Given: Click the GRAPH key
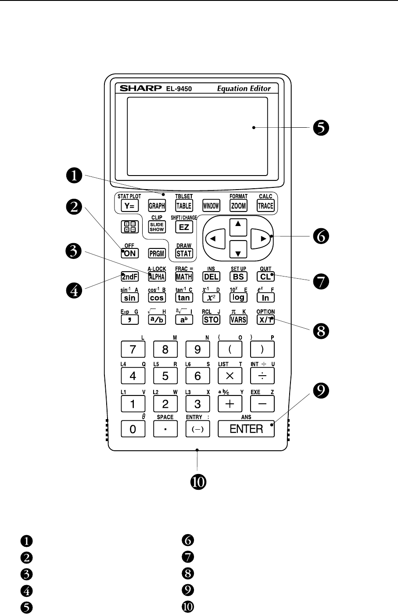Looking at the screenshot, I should (x=157, y=205).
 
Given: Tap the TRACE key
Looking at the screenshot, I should (x=265, y=205).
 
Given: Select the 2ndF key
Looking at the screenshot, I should (x=130, y=276).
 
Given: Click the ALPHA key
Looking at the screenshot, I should (x=157, y=276).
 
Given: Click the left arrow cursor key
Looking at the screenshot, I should (x=215, y=239).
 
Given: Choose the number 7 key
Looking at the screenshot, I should (x=133, y=350).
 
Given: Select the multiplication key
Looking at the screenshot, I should (x=230, y=376).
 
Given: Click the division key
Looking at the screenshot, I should (x=262, y=376).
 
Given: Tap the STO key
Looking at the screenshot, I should (x=211, y=320).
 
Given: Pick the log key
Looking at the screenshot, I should (x=238, y=298).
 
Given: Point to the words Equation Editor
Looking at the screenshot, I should (x=244, y=88).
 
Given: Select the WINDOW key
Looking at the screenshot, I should (x=211, y=205).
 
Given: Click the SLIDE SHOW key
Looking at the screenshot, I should (x=157, y=226).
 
